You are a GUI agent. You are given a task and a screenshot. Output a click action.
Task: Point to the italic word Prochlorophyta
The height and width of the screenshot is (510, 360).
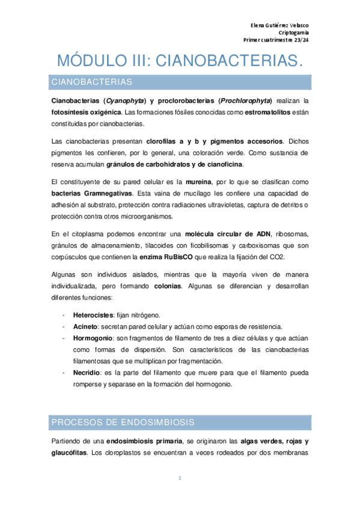coord(246,100)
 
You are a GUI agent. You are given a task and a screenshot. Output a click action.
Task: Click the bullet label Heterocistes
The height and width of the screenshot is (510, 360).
coord(91,315)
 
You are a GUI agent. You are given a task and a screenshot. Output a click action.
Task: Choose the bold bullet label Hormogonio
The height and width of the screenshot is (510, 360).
coord(92,338)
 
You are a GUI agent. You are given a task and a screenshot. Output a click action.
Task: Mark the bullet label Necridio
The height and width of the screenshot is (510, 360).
coord(87,373)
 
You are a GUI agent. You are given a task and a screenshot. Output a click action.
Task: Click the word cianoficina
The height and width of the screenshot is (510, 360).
coord(222,165)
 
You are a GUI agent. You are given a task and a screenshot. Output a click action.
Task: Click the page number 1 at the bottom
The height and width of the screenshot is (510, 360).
coord(179,479)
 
